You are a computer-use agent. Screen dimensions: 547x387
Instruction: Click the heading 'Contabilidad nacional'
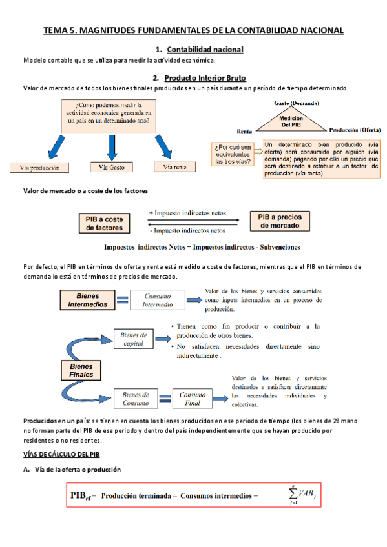click(205, 50)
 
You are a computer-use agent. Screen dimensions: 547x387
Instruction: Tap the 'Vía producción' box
click(40, 168)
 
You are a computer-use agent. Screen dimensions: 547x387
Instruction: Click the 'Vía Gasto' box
click(112, 168)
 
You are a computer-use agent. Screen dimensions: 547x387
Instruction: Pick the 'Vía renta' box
click(174, 167)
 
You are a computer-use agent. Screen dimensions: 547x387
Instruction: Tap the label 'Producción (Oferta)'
click(355, 129)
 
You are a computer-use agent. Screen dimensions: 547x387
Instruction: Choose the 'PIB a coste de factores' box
click(105, 223)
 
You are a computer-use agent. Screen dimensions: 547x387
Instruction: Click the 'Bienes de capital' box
click(134, 339)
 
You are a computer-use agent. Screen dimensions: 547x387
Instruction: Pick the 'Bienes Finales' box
click(81, 370)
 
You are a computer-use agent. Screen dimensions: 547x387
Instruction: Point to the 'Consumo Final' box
click(193, 398)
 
